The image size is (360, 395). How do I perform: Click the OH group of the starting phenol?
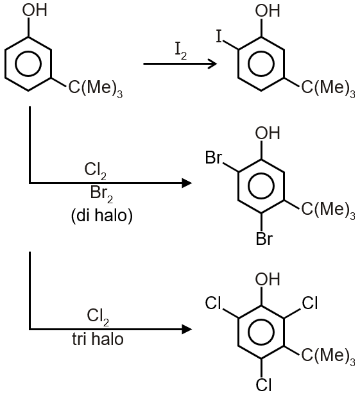35,10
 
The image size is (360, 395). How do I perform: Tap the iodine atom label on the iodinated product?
219,37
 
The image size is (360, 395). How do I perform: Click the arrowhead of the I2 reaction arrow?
212,63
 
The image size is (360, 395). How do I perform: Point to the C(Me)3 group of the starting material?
96,88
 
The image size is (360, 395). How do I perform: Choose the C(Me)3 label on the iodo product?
329,88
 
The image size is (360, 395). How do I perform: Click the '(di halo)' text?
102,215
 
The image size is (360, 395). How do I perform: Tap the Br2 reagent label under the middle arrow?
101,194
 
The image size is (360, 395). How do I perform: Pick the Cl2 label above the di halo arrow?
95,171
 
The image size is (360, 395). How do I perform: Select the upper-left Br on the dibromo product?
214,158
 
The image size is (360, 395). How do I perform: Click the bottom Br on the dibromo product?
264,239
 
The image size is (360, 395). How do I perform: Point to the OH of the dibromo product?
268,133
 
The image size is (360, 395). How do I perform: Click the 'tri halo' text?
98,339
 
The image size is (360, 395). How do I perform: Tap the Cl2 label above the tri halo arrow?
98,317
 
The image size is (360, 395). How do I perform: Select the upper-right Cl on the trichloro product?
310,303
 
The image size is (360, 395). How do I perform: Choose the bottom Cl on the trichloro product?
264,385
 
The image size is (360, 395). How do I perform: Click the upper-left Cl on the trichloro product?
213,303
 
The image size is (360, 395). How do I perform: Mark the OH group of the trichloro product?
268,279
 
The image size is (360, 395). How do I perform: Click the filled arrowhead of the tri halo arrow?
187,329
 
